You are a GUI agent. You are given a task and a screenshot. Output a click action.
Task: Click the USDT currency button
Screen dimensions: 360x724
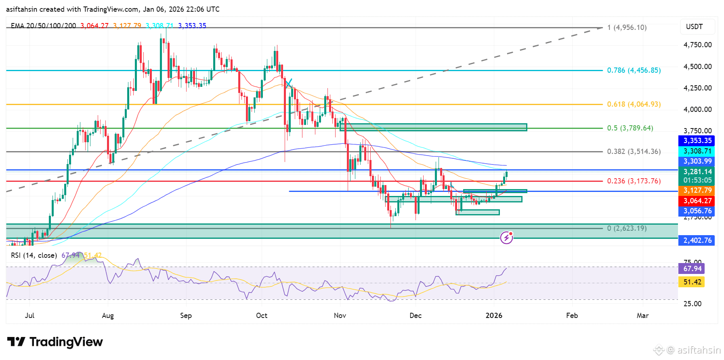694,27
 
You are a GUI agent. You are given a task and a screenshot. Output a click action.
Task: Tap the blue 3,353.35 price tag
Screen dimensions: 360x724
697,141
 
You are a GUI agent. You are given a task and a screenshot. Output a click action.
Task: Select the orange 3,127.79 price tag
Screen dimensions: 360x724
697,190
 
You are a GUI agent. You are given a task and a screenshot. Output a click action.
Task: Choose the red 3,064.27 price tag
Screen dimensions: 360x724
697,201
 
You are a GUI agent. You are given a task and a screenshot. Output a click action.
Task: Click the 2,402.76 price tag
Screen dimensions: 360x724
697,240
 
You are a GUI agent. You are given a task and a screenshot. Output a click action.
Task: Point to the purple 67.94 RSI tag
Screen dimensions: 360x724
692,269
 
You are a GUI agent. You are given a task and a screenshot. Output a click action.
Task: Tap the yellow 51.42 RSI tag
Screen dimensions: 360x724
692,282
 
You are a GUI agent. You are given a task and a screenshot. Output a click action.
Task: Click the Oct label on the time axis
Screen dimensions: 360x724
262,316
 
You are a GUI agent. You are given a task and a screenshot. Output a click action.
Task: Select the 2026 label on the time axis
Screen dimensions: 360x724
494,316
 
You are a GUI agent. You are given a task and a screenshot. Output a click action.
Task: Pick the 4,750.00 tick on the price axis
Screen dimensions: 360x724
697,45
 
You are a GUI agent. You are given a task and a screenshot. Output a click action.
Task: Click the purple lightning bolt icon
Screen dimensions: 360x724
506,238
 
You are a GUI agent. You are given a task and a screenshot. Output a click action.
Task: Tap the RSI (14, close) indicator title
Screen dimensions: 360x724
34,255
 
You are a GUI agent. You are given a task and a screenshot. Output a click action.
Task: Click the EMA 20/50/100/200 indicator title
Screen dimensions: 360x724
43,26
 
